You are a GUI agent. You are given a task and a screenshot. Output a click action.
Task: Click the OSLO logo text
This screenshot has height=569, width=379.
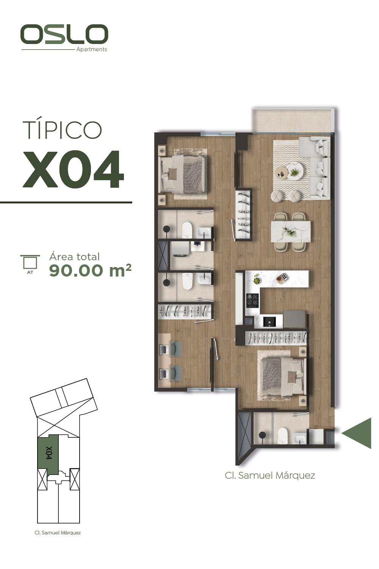coord(64,34)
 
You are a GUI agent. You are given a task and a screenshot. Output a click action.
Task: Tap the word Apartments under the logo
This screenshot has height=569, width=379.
coord(92,50)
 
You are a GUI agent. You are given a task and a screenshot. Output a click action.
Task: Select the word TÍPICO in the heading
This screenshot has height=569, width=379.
coord(62,130)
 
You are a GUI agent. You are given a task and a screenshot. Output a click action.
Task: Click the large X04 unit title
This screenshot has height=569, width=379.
coord(74,169)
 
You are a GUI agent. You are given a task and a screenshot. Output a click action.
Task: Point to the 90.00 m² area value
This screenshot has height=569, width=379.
coord(90,270)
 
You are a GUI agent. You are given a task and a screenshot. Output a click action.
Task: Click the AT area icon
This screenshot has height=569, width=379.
coord(30,264)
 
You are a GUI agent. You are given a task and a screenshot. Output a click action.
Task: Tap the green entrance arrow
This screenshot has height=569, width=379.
coord(356,433)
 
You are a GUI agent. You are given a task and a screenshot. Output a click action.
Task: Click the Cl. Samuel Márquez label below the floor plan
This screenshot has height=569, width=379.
coord(270,476)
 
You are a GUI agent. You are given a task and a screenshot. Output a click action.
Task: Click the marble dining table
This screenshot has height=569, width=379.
coord(291,233)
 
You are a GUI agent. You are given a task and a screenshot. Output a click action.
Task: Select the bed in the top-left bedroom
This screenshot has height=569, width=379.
coord(181,174)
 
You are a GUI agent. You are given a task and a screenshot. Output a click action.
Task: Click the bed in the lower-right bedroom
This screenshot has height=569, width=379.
coord(281,376)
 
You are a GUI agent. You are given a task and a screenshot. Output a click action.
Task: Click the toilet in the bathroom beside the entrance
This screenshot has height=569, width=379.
coord(282,436)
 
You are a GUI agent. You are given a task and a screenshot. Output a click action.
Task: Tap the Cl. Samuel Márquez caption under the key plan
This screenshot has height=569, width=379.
coord(58,533)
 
